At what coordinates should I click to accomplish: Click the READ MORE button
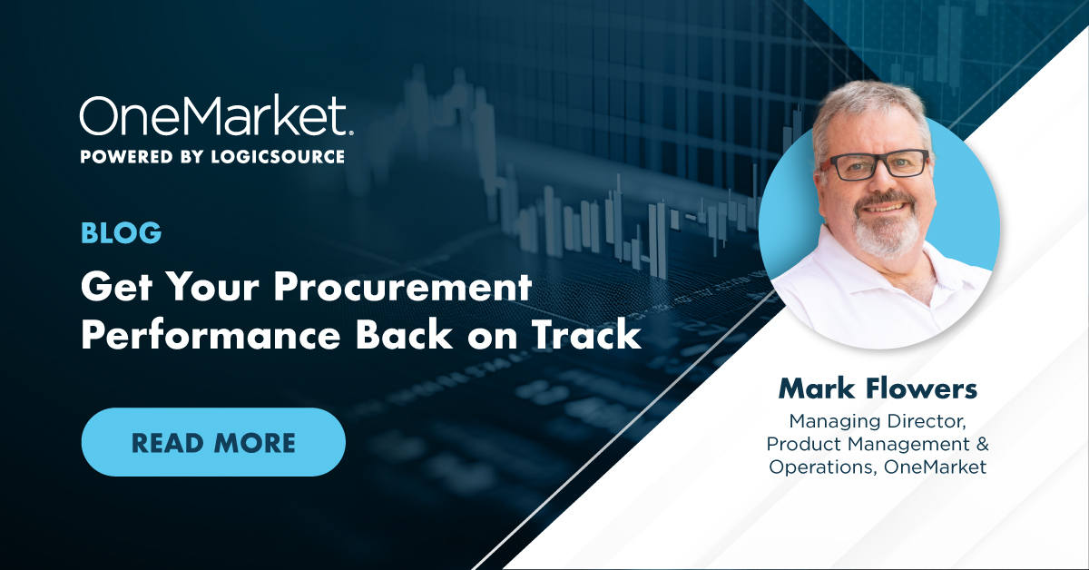(x=213, y=442)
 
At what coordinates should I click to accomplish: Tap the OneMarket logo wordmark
(x=217, y=115)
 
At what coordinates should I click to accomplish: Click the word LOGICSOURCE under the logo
(x=278, y=157)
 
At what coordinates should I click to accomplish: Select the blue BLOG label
(x=121, y=232)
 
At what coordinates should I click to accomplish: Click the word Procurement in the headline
(x=403, y=288)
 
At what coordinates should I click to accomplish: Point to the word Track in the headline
(x=586, y=335)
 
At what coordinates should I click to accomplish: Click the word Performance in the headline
(x=211, y=337)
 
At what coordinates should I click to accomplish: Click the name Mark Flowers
(x=878, y=388)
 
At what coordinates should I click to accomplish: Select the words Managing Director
(x=877, y=422)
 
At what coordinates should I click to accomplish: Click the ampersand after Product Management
(x=982, y=444)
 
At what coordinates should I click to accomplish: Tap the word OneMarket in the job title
(x=935, y=467)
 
